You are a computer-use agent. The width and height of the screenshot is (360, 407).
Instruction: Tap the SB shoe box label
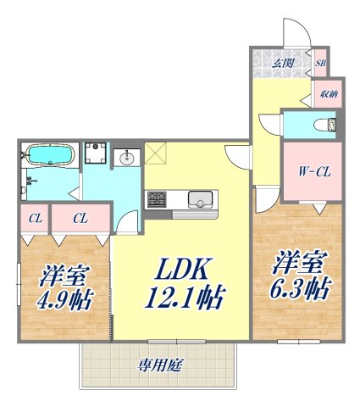point(321,62)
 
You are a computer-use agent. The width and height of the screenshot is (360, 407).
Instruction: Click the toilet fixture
point(325,125)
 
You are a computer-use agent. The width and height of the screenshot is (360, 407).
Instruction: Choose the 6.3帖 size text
point(299,288)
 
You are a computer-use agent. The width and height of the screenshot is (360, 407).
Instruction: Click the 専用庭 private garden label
point(161,365)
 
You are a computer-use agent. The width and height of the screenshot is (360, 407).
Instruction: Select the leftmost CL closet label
point(36,218)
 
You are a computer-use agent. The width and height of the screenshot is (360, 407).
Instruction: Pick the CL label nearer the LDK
point(80,218)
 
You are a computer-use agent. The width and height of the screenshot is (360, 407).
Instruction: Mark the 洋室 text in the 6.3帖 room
point(296,260)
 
